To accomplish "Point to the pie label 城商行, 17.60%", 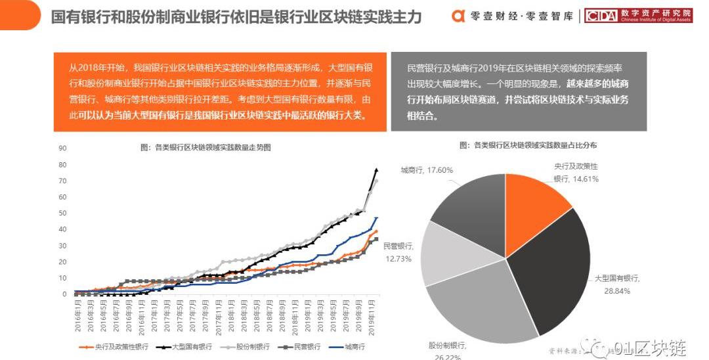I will [x=427, y=170].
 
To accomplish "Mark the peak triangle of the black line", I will [x=376, y=170].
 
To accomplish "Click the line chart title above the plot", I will [x=205, y=148].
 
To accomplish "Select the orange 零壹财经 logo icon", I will [x=460, y=16].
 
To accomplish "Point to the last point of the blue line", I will [x=376, y=218].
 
